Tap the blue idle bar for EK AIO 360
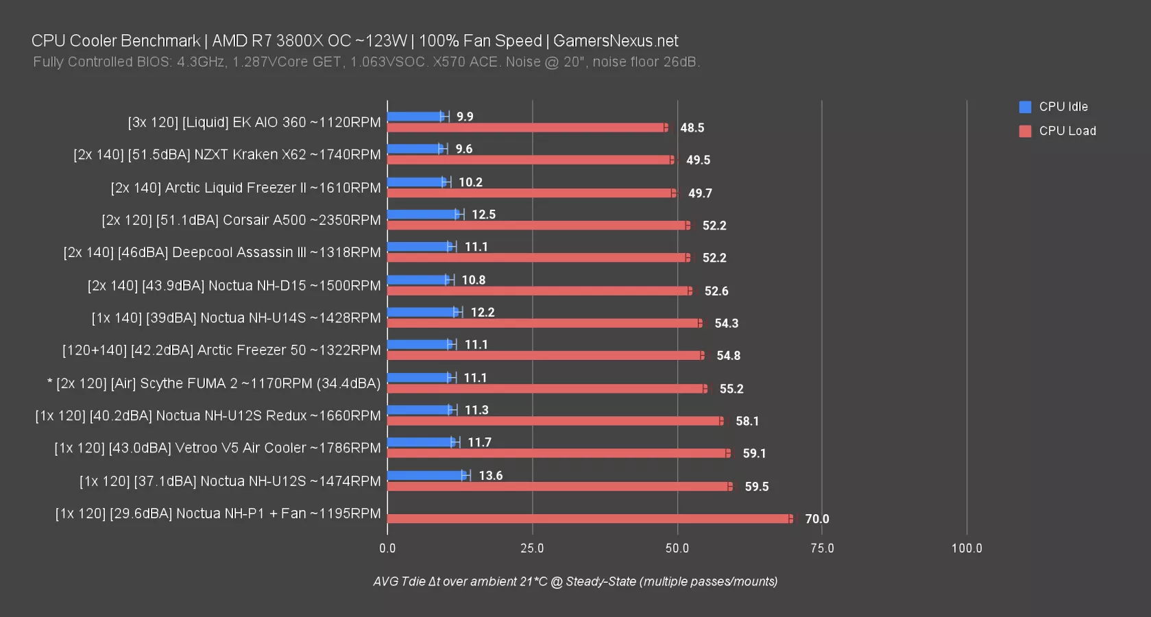click(415, 117)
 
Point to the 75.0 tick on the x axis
click(822, 548)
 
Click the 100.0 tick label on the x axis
click(967, 548)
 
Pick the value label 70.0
click(816, 519)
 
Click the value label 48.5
click(692, 128)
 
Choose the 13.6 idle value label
click(490, 476)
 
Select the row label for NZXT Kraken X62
click(227, 155)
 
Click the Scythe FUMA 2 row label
click(214, 383)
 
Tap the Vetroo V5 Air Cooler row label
click(217, 448)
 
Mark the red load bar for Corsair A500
click(538, 226)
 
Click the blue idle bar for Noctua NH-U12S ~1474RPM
click(426, 475)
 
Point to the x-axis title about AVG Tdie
click(575, 581)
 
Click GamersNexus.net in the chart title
click(616, 41)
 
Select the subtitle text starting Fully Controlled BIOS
click(366, 62)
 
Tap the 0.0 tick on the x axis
click(387, 548)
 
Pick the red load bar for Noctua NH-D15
click(539, 291)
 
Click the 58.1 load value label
click(747, 421)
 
